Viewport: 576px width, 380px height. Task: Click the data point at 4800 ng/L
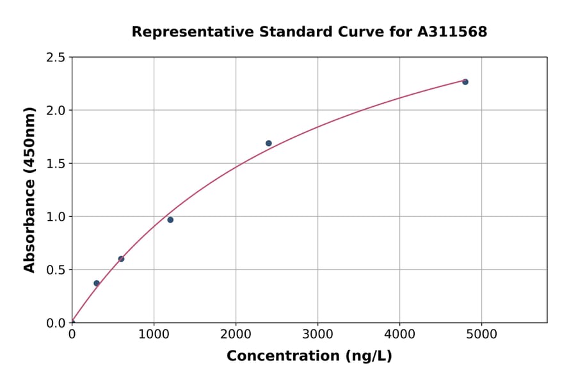click(465, 82)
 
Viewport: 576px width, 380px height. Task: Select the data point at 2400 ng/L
click(269, 143)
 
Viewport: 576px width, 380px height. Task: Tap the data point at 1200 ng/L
click(170, 220)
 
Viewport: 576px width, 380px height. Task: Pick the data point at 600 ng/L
click(121, 259)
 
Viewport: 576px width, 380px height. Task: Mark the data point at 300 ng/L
click(97, 283)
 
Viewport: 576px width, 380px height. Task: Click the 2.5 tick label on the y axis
click(56, 58)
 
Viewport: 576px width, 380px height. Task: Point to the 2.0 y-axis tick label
click(56, 111)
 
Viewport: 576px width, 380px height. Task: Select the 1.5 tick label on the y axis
click(56, 164)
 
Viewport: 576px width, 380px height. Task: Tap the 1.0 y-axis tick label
click(56, 217)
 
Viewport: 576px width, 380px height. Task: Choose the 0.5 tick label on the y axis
click(56, 270)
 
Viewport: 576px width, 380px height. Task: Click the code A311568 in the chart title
click(452, 31)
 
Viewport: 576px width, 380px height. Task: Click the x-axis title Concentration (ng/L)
click(309, 356)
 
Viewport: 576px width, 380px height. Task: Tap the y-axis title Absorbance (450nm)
click(29, 189)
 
